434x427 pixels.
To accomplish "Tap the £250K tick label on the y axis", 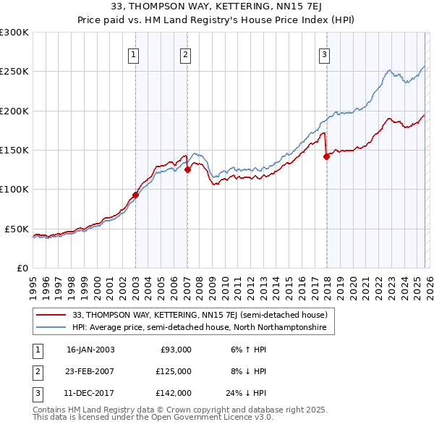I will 14,72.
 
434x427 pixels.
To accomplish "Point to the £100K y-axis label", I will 14,189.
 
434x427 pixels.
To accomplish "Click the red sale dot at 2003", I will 135,195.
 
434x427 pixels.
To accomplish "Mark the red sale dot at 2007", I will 187,170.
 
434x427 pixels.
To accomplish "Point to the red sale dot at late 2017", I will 326,156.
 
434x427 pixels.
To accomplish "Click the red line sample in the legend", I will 53,315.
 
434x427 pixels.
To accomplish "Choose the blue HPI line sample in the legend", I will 53,328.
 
